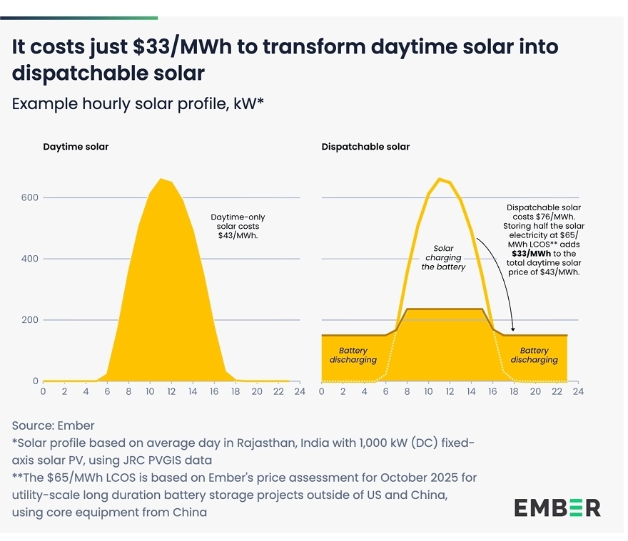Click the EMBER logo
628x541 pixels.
click(x=557, y=507)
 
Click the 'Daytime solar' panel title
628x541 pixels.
click(x=76, y=147)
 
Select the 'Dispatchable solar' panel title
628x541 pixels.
click(x=365, y=147)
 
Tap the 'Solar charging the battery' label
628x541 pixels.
click(x=443, y=257)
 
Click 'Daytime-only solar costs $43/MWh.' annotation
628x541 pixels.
click(x=238, y=226)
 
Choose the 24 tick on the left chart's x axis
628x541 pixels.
click(x=300, y=391)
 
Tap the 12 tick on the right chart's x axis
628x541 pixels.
click(x=450, y=391)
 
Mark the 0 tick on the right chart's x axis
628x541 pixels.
click(x=322, y=391)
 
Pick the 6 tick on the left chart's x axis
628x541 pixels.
click(x=108, y=391)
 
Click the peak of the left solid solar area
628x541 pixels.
click(x=161, y=180)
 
